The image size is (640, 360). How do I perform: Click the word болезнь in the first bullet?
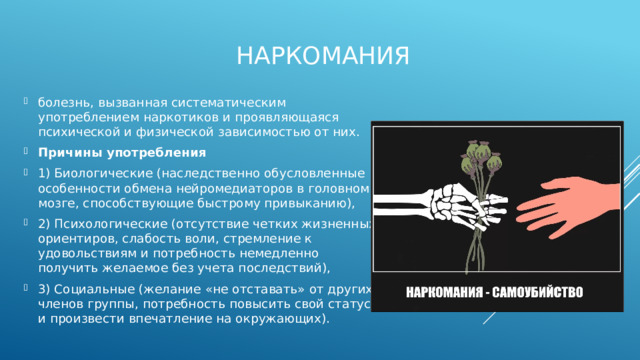63,103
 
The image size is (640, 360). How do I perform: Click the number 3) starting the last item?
44,289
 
